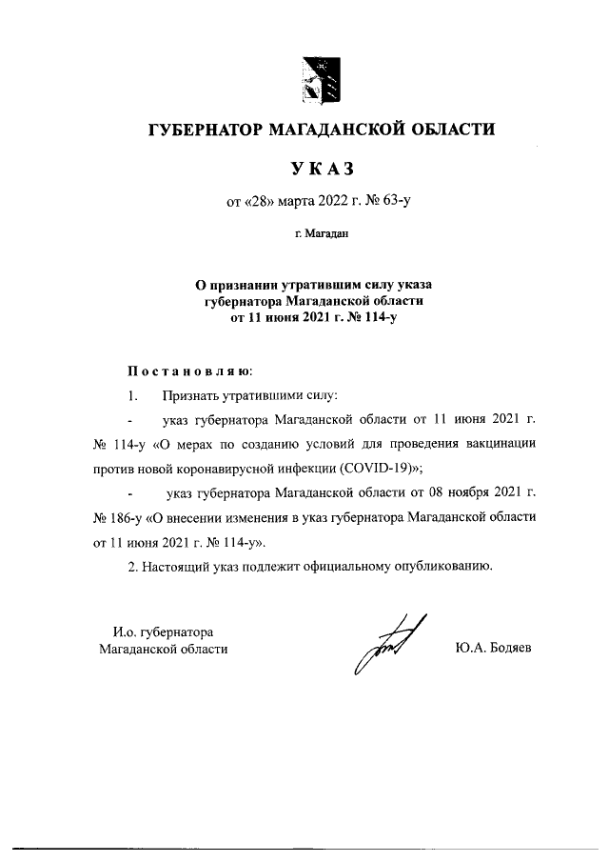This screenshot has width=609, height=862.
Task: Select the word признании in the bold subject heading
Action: [244, 284]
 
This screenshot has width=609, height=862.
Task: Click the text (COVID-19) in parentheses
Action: [375, 469]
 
